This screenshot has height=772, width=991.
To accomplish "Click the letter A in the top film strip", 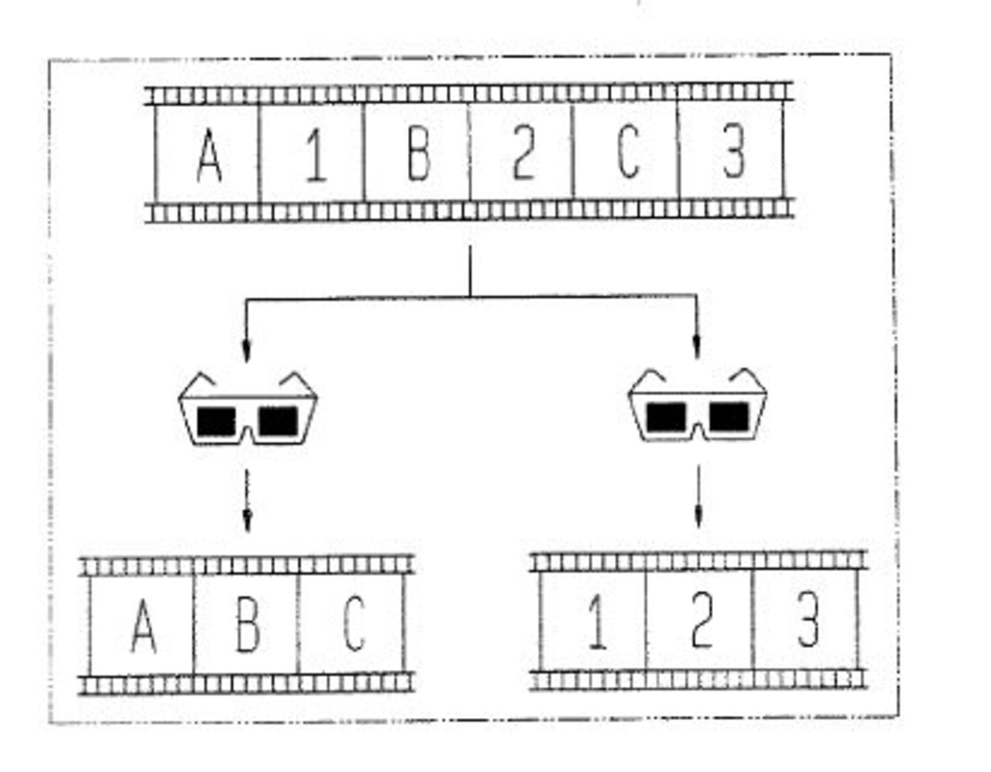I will pyautogui.click(x=210, y=155).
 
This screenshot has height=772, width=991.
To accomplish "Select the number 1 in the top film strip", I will pyautogui.click(x=316, y=155).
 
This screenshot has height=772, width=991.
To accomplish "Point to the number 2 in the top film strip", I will pyautogui.click(x=523, y=153).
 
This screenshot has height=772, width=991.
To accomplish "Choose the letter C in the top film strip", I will pyautogui.click(x=628, y=152).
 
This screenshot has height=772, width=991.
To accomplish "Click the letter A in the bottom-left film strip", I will pyautogui.click(x=143, y=626).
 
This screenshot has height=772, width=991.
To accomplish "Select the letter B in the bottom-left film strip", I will pyautogui.click(x=248, y=624).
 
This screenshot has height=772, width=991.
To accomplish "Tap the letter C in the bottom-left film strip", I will pyautogui.click(x=354, y=623).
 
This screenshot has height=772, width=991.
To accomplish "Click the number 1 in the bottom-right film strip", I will pyautogui.click(x=597, y=621).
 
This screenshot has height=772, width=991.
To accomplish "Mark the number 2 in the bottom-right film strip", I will pyautogui.click(x=701, y=620).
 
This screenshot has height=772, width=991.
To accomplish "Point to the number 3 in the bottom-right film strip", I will pyautogui.click(x=808, y=619).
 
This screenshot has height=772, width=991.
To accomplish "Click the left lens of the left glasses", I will pyautogui.click(x=217, y=421).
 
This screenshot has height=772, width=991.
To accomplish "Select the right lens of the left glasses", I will pyautogui.click(x=278, y=421).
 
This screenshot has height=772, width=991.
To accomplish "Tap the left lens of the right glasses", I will pyautogui.click(x=666, y=417).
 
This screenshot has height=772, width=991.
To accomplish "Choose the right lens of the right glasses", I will pyautogui.click(x=729, y=416).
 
